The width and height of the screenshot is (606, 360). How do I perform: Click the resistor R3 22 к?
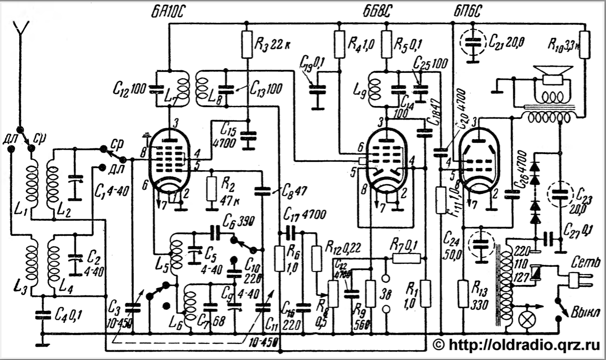click(x=247, y=44)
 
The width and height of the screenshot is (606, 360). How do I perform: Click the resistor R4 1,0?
click(x=339, y=44)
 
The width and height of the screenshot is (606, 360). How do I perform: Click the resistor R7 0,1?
click(x=406, y=258)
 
